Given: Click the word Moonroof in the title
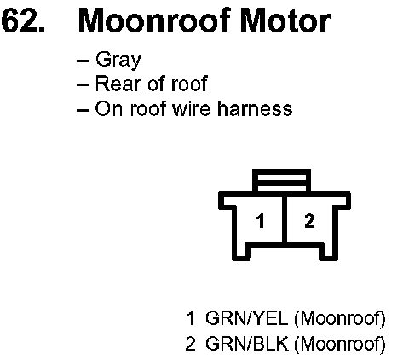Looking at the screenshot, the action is click(x=153, y=20).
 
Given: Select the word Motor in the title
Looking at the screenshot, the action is click(x=285, y=20).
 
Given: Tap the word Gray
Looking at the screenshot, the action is click(x=118, y=61).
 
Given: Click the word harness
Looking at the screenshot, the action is click(x=255, y=108).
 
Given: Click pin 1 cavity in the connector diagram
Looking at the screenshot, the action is click(x=260, y=221).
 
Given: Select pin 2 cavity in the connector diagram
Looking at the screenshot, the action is click(x=309, y=221).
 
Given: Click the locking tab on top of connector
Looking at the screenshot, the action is click(x=281, y=180).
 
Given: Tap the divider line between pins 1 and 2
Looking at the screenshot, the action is click(x=285, y=219).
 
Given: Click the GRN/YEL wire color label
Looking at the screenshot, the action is click(x=246, y=318).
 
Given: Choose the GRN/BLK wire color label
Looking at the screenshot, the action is click(x=246, y=344).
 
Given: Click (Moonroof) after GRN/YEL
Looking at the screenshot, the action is click(x=340, y=319).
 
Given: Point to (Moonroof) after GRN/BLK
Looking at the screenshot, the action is click(x=340, y=345).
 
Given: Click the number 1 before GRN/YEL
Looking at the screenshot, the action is click(x=191, y=318).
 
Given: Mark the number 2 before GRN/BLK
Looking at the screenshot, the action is click(x=190, y=344).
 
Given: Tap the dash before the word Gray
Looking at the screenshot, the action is click(x=83, y=61).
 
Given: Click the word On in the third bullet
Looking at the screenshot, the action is click(x=109, y=108).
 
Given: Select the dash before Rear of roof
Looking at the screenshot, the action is click(x=83, y=85).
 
